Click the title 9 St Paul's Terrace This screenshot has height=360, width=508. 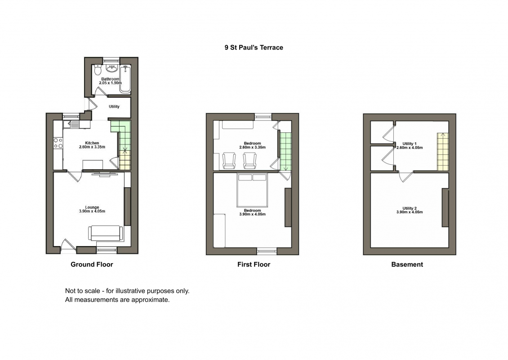(x=254, y=48)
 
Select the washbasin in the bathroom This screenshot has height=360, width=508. (x=112, y=68)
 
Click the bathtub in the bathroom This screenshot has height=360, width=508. (x=125, y=79)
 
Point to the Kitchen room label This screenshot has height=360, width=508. (x=92, y=143)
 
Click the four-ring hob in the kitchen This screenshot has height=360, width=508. (x=58, y=143)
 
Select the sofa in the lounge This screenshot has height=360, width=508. (x=106, y=233)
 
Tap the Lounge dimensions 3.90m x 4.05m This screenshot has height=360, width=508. (x=92, y=211)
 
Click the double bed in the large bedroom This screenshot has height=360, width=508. (x=252, y=190)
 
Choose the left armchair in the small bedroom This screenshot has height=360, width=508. (x=229, y=161)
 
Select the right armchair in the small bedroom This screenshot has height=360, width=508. (x=250, y=161)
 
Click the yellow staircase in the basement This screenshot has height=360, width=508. (x=443, y=152)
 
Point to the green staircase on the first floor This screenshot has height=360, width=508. (x=285, y=152)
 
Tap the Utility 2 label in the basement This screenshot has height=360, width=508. (x=410, y=208)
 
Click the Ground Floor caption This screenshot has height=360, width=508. (x=92, y=264)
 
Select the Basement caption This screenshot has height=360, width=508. (x=407, y=264)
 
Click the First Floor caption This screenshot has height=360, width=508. (x=254, y=264)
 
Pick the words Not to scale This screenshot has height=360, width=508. (x=83, y=291)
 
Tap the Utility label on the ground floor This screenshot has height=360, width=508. (x=114, y=106)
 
